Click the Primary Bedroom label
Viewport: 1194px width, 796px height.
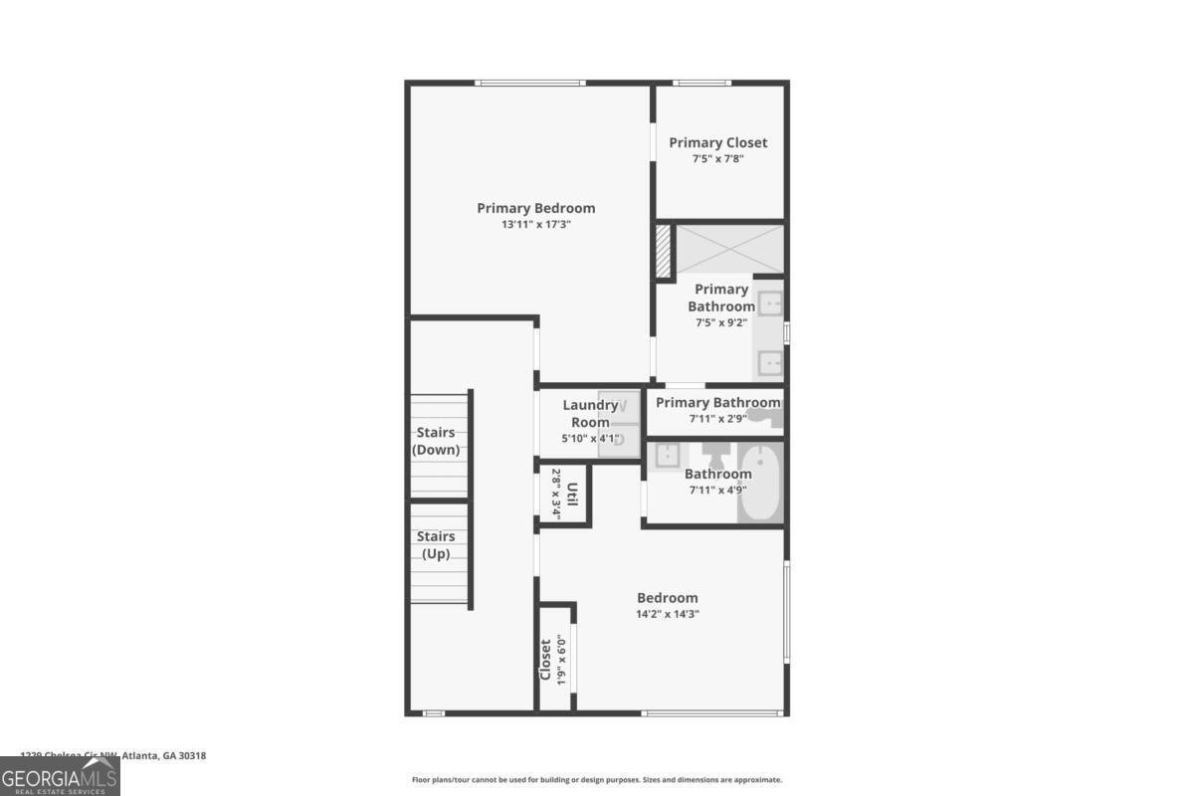[535, 208]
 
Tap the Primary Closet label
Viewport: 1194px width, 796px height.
[717, 142]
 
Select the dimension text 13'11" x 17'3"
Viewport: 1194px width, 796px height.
[535, 225]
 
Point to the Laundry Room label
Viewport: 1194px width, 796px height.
[590, 413]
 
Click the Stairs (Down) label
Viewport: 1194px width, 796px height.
[436, 441]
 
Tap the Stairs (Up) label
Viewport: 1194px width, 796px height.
[436, 544]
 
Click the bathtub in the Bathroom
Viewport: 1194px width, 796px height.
[761, 484]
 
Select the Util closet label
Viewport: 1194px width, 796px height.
[573, 494]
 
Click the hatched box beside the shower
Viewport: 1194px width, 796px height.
[664, 253]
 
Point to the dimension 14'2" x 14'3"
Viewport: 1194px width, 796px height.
[667, 614]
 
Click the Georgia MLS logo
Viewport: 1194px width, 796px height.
[60, 776]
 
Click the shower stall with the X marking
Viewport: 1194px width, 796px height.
[729, 248]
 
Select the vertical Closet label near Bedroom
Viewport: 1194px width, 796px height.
[545, 659]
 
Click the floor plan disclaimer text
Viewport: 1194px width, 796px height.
[597, 780]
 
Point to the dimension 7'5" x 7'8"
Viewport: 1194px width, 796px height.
[717, 159]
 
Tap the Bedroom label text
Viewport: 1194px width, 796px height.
[667, 597]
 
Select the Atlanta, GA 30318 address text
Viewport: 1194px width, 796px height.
[113, 756]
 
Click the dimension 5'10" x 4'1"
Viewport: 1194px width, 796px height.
[590, 439]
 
